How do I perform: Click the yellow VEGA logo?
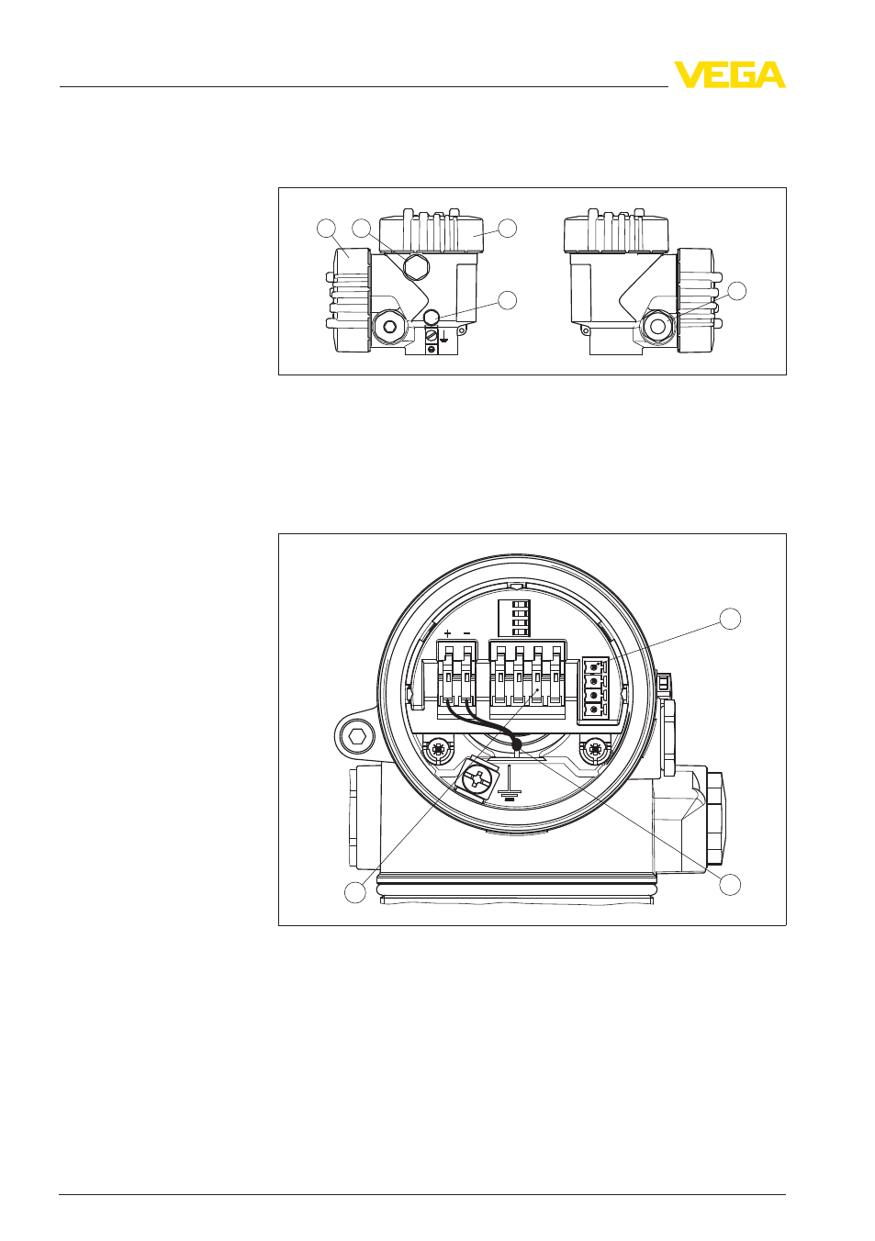coord(729,74)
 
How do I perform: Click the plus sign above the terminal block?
coord(448,633)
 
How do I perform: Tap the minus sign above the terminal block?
coord(466,633)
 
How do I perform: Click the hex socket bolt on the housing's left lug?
coord(355,737)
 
